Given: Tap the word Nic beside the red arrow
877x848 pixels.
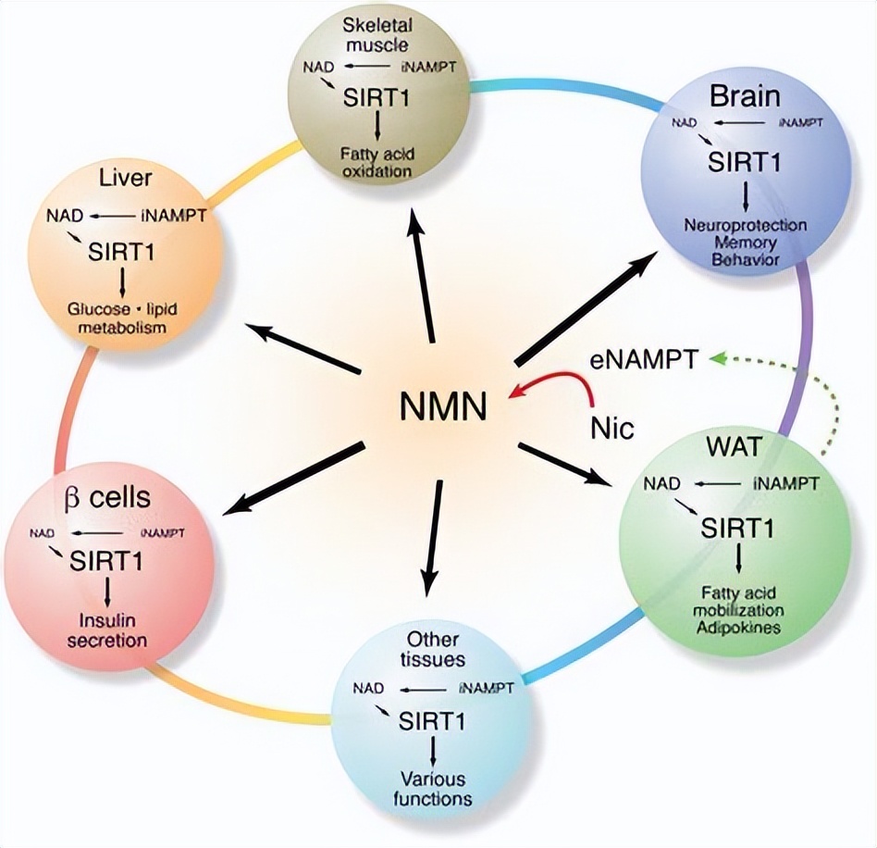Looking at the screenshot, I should (611, 428).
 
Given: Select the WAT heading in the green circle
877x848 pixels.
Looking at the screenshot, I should (735, 447).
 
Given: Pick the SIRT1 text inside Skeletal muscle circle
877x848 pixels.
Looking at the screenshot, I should (377, 95).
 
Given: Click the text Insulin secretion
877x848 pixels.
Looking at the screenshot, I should (110, 630).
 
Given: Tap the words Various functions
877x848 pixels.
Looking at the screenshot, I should (433, 788).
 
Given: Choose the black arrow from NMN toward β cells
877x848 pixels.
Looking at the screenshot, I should (292, 479).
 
